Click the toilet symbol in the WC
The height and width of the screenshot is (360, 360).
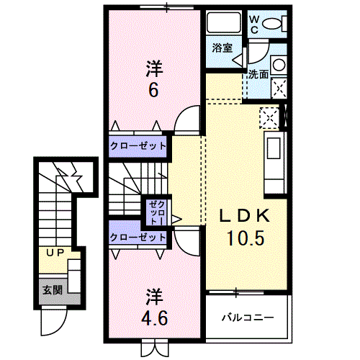click(x=274, y=24)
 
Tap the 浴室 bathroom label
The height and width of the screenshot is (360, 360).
click(x=222, y=48)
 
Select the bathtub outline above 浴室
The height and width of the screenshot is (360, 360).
click(x=223, y=22)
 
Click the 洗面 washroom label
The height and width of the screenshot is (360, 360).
click(x=258, y=75)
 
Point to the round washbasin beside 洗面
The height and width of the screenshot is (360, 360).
click(x=279, y=65)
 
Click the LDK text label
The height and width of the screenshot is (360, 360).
click(x=245, y=216)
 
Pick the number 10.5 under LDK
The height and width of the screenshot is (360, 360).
click(x=246, y=238)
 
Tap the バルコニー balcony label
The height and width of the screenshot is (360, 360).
click(x=248, y=318)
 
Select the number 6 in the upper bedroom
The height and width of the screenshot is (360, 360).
click(x=153, y=91)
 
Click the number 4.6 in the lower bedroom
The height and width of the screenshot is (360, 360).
click(x=154, y=318)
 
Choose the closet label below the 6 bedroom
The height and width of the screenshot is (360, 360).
click(x=138, y=146)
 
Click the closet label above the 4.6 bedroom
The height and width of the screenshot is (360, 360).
click(x=138, y=238)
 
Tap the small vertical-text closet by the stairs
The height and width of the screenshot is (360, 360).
click(x=157, y=213)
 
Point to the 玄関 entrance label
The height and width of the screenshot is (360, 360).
click(x=53, y=290)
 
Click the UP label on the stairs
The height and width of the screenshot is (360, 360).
click(x=55, y=253)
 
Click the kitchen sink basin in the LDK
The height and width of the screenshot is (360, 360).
click(x=274, y=148)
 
